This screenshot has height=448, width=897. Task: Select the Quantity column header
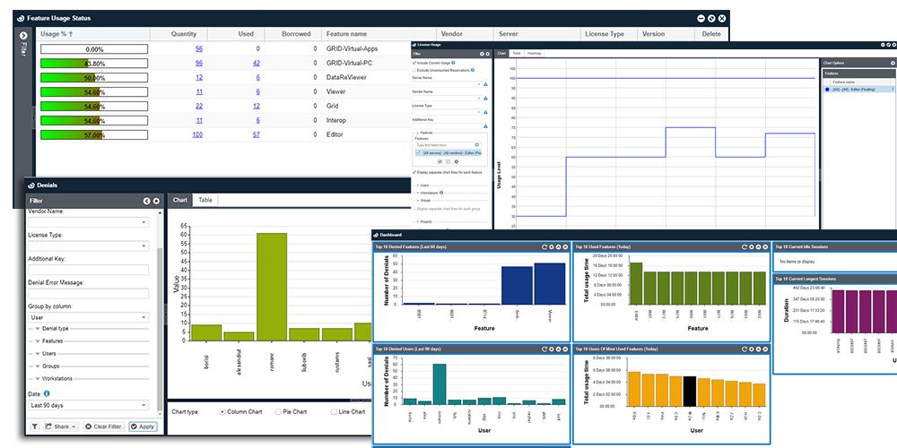(184, 34)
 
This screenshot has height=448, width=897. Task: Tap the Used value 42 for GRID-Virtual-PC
(256, 64)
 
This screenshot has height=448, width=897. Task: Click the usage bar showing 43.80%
(94, 64)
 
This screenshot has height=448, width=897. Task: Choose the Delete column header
(711, 34)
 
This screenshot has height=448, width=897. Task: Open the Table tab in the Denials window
(205, 200)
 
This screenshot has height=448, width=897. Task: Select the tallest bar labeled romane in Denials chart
(272, 287)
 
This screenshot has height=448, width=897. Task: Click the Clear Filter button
(105, 426)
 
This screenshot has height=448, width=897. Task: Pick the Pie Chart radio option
(278, 411)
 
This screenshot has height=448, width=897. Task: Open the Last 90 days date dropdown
(89, 405)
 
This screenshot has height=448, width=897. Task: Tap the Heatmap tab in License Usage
(535, 54)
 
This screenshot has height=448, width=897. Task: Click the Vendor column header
(452, 34)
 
